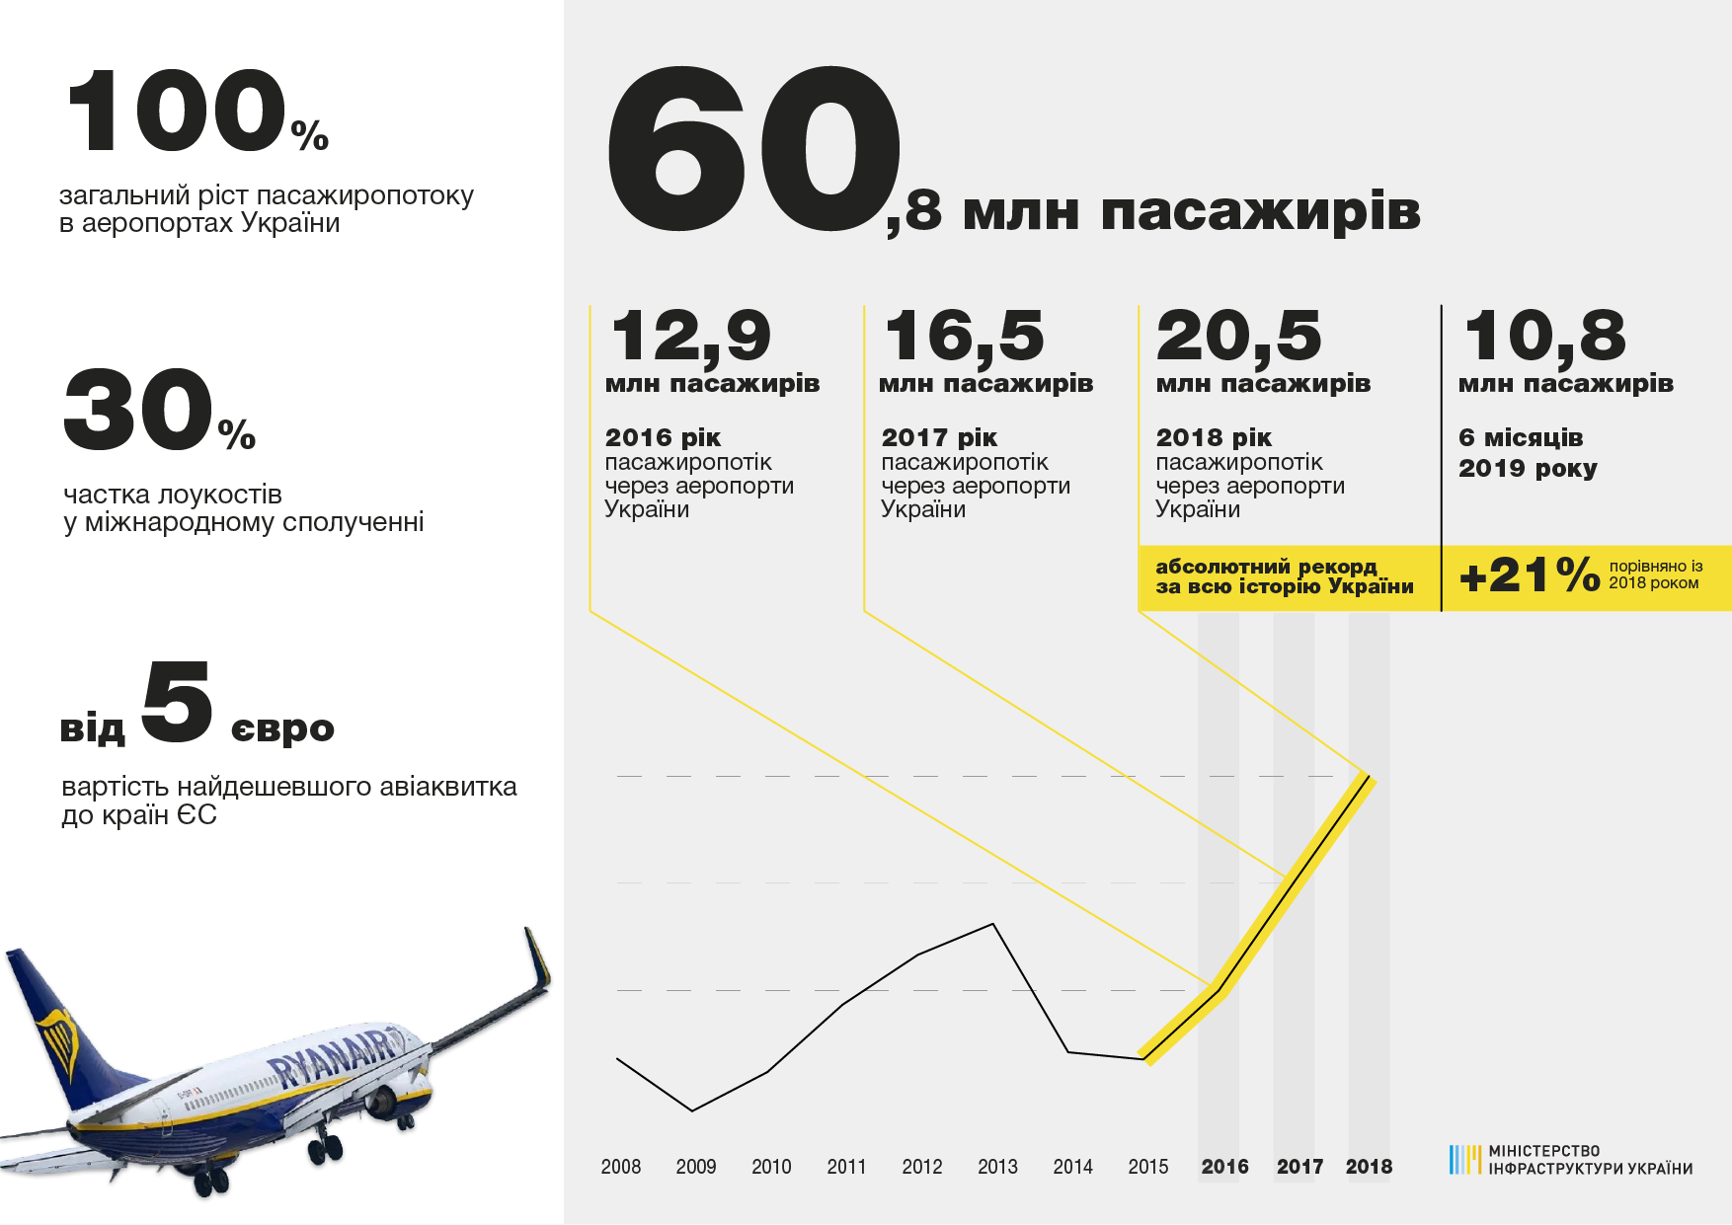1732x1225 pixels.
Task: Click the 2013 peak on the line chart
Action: (992, 924)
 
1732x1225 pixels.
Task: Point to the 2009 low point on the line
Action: (691, 1110)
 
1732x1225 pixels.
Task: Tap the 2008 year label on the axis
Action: (620, 1167)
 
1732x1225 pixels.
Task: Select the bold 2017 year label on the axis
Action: (1299, 1167)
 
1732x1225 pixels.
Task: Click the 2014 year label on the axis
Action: (1072, 1167)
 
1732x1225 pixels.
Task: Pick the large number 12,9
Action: (690, 336)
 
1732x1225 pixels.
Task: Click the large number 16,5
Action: (964, 336)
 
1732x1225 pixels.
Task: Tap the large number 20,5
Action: (1238, 336)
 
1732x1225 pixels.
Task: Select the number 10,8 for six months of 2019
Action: (1544, 336)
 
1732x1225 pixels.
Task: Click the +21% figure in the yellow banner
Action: (1529, 575)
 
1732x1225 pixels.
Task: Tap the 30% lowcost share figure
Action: (158, 410)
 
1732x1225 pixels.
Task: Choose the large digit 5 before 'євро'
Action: (177, 702)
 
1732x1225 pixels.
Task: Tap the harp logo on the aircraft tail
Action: (59, 1042)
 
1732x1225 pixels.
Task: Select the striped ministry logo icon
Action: (1464, 1159)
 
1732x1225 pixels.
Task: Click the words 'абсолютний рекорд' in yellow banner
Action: (1265, 567)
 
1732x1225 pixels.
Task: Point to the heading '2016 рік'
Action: (663, 437)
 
